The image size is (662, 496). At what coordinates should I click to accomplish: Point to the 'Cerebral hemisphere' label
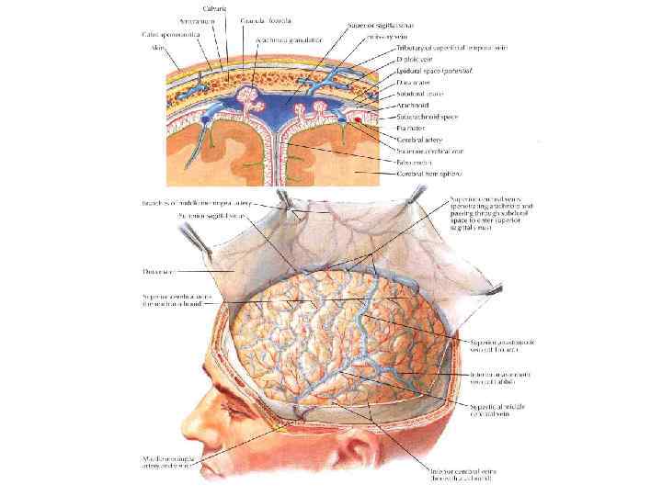click(428, 173)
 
